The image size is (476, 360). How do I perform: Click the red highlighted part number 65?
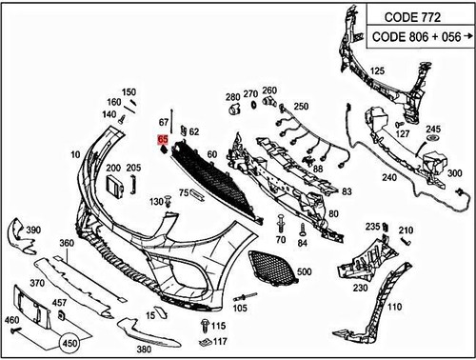pyautogui.click(x=163, y=140)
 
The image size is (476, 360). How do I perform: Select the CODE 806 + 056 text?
pyautogui.click(x=415, y=37)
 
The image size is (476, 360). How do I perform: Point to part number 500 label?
pyautogui.click(x=304, y=272)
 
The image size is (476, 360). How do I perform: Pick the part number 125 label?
pyautogui.click(x=377, y=71)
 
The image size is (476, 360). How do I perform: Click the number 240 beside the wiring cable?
pyautogui.click(x=388, y=177)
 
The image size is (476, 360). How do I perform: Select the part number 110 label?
pyautogui.click(x=394, y=308)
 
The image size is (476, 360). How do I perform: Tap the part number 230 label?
pyautogui.click(x=360, y=287)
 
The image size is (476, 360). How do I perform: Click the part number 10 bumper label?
pyautogui.click(x=74, y=153)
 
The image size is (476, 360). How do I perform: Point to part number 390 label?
pyautogui.click(x=32, y=230)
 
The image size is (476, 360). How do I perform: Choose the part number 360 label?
pyautogui.click(x=66, y=244)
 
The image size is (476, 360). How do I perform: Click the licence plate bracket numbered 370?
pyautogui.click(x=27, y=307)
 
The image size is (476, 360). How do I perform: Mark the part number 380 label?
pyautogui.click(x=144, y=350)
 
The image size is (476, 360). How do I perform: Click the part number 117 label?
pyautogui.click(x=220, y=341)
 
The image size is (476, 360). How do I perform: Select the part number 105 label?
pyautogui.click(x=239, y=309)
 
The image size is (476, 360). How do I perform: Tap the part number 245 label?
pyautogui.click(x=434, y=129)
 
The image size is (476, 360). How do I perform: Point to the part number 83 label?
pyautogui.click(x=347, y=191)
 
